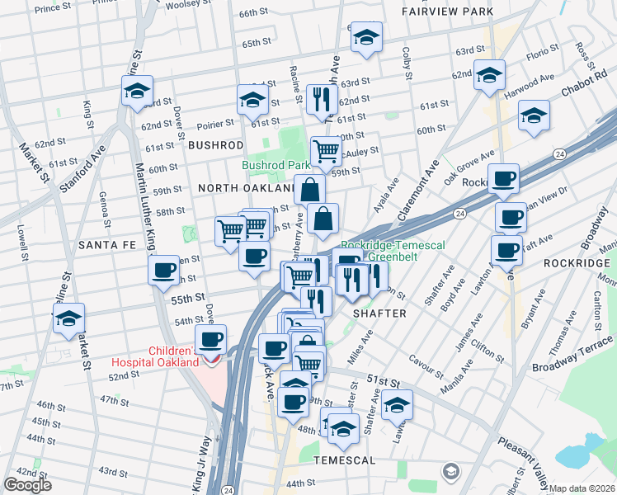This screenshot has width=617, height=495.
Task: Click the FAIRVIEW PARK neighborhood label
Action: pyautogui.click(x=459, y=12)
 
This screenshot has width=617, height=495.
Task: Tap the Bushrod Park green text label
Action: pyautogui.click(x=276, y=165)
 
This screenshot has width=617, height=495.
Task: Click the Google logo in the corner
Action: pyautogui.click(x=27, y=485)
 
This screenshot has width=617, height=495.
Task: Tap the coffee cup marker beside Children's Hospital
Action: pyautogui.click(x=210, y=339)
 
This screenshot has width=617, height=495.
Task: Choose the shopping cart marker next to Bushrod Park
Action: pyautogui.click(x=326, y=151)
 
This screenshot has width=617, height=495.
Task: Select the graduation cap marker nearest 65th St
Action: pyautogui.click(x=365, y=38)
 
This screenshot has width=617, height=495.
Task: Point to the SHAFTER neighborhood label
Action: pyautogui.click(x=379, y=313)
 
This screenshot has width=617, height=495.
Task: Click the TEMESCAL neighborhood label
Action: pyautogui.click(x=344, y=460)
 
